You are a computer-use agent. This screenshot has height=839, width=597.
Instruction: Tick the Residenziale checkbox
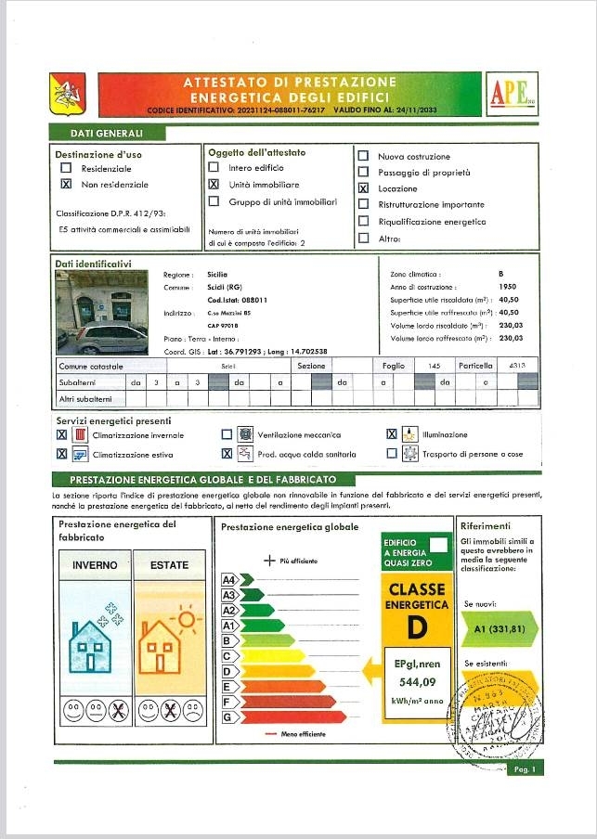pyautogui.click(x=66, y=169)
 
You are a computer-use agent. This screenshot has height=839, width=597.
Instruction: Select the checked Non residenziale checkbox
pyautogui.click(x=66, y=185)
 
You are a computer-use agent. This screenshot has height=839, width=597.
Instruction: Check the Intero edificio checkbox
pyautogui.click(x=214, y=168)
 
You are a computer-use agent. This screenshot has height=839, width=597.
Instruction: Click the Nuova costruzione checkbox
pyautogui.click(x=363, y=156)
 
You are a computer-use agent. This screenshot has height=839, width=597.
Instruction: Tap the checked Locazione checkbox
pyautogui.click(x=363, y=188)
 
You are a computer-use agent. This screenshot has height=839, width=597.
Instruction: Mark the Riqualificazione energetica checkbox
pyautogui.click(x=363, y=222)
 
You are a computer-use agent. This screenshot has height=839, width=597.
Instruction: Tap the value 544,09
pyautogui.click(x=417, y=684)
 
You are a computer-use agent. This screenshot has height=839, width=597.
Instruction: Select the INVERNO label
pyautogui.click(x=95, y=564)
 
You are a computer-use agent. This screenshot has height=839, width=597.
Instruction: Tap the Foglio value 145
pyautogui.click(x=433, y=367)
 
